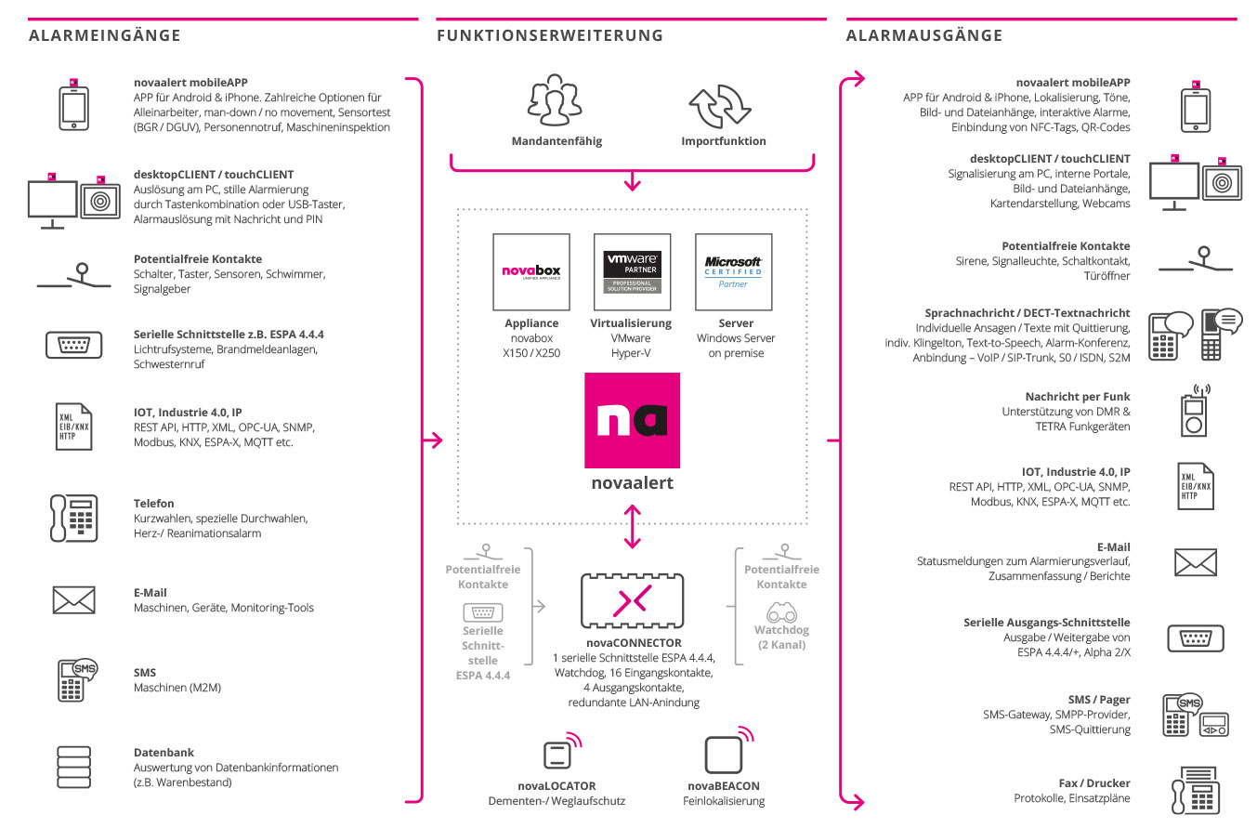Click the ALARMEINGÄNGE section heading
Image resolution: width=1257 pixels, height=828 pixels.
(x=104, y=35)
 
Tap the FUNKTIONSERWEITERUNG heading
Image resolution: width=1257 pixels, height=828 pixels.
(x=550, y=35)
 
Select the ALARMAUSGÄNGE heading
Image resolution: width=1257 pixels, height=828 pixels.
(x=923, y=35)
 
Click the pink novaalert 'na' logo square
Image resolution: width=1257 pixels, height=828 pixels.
(x=632, y=420)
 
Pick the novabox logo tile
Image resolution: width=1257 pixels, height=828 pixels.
(x=531, y=272)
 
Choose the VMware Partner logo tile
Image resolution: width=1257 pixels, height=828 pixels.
(x=632, y=272)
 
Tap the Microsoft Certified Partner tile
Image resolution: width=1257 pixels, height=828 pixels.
(x=733, y=272)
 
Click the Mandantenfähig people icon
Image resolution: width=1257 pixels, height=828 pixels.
(x=555, y=100)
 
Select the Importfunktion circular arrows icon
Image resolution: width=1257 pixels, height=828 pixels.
(x=720, y=107)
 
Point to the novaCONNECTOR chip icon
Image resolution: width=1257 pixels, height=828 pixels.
(x=632, y=601)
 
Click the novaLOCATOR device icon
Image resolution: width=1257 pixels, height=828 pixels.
(x=562, y=751)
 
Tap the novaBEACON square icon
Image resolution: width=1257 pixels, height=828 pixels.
(x=728, y=750)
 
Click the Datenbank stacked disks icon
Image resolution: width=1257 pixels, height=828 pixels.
(x=73, y=768)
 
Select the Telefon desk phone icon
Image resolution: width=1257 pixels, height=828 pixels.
(x=73, y=519)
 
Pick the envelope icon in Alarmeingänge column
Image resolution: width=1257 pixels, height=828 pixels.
(x=73, y=600)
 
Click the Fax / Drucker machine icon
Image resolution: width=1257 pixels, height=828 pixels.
(x=1196, y=790)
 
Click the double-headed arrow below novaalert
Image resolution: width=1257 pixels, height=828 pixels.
(x=633, y=527)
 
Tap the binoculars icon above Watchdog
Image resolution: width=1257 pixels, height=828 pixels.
(x=781, y=612)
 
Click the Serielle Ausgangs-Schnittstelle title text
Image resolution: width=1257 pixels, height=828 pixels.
(x=1046, y=622)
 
